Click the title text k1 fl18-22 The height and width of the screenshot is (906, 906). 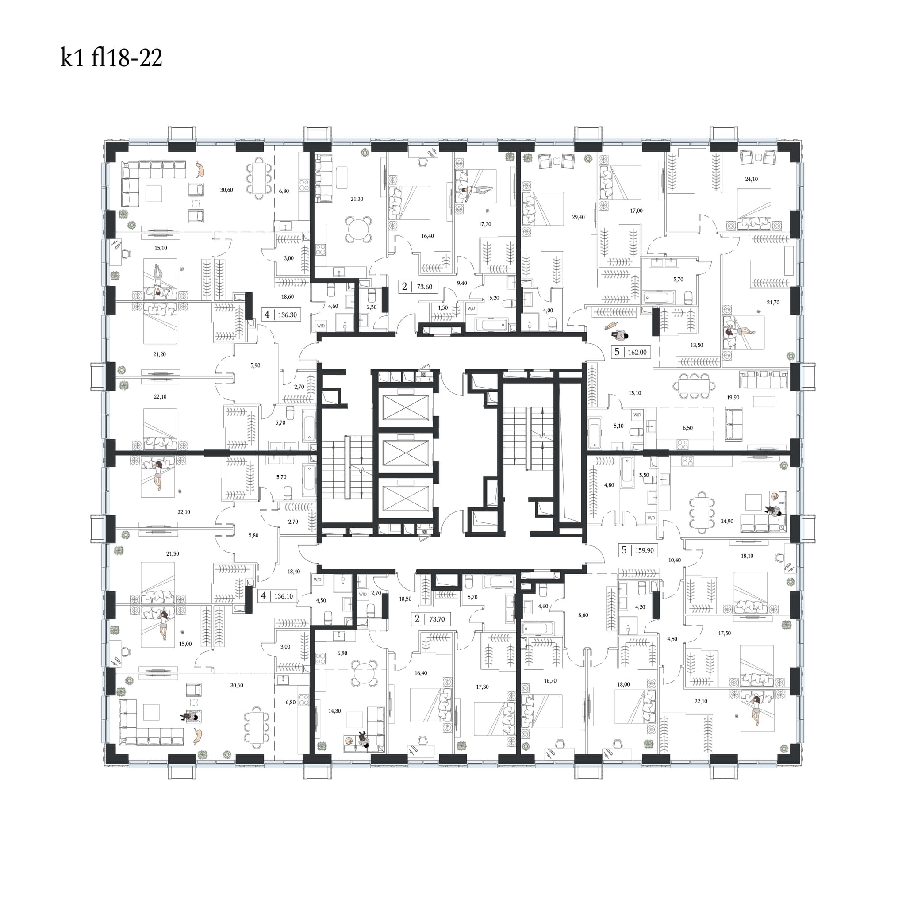[111, 58]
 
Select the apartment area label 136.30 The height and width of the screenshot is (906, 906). [288, 315]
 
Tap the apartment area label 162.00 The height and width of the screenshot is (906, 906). [637, 352]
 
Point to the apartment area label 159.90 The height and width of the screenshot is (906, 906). [644, 550]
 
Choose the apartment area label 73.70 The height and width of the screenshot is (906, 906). [437, 619]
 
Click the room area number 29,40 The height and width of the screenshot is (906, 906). [578, 217]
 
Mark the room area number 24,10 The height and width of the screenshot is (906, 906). [751, 179]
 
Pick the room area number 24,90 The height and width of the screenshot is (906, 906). [727, 521]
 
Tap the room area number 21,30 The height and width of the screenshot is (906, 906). [357, 199]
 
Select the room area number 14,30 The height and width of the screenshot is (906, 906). [334, 711]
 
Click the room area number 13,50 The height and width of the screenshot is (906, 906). [696, 345]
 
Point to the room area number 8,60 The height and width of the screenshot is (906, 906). [583, 615]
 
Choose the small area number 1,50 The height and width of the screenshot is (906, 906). [443, 307]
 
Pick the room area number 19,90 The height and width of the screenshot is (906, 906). [733, 397]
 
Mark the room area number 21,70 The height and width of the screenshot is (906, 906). [773, 303]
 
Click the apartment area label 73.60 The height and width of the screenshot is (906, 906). [424, 287]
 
